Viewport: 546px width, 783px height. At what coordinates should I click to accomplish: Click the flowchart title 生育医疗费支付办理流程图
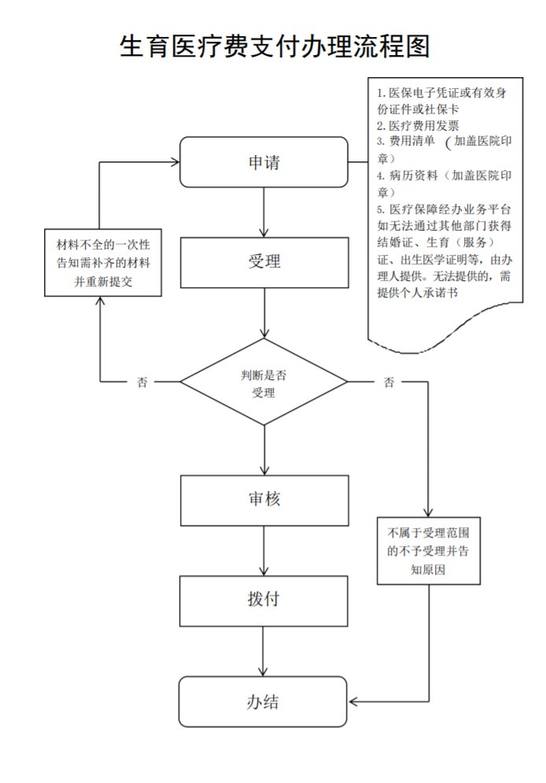pyautogui.click(x=275, y=46)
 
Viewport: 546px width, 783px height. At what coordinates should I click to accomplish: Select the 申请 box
pyautogui.click(x=264, y=163)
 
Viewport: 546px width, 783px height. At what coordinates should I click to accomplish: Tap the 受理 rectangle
pyautogui.click(x=264, y=262)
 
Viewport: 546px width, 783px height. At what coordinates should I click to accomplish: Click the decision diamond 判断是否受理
pyautogui.click(x=264, y=382)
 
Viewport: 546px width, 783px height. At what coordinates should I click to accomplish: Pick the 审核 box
pyautogui.click(x=264, y=500)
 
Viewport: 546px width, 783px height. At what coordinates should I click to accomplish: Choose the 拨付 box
pyautogui.click(x=264, y=600)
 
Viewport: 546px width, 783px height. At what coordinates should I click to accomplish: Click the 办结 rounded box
pyautogui.click(x=264, y=701)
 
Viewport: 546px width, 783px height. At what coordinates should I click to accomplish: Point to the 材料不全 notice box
pyautogui.click(x=103, y=263)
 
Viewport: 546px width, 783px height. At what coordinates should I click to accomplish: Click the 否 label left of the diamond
pyautogui.click(x=142, y=383)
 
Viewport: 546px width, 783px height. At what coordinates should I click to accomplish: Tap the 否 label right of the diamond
pyautogui.click(x=389, y=383)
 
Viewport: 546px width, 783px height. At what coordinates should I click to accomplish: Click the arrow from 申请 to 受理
pyautogui.click(x=264, y=212)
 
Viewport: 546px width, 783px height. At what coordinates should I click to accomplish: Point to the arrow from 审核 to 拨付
pyautogui.click(x=264, y=551)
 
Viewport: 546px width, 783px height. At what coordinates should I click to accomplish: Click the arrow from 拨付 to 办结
pyautogui.click(x=264, y=651)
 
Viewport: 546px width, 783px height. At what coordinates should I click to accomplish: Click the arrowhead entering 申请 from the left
pyautogui.click(x=175, y=163)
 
